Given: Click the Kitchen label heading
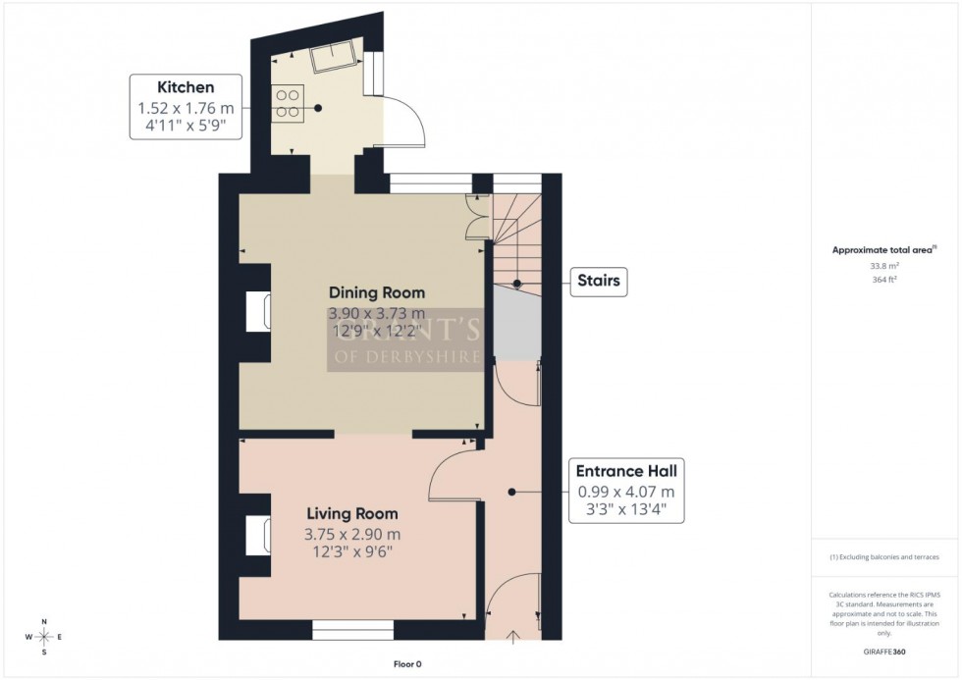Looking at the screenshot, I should (x=186, y=86).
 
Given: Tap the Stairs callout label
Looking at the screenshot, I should (x=598, y=283).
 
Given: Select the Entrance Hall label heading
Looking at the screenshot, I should (x=625, y=471).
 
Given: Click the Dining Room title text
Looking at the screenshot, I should (x=377, y=292).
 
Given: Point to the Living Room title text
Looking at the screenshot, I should (x=352, y=513).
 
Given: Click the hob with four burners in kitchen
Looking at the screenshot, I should (x=290, y=104).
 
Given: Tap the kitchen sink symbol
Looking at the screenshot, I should (x=332, y=59).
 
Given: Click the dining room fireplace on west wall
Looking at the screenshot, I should (x=264, y=311).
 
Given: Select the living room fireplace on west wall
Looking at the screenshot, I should (x=264, y=535).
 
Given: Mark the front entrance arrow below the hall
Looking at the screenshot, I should (x=513, y=640).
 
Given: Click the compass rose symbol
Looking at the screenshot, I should (x=44, y=637).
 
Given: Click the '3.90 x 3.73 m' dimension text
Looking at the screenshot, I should (x=377, y=313).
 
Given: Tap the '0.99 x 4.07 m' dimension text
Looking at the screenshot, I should (x=625, y=492).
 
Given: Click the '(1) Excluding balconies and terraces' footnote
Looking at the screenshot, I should (x=884, y=556).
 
